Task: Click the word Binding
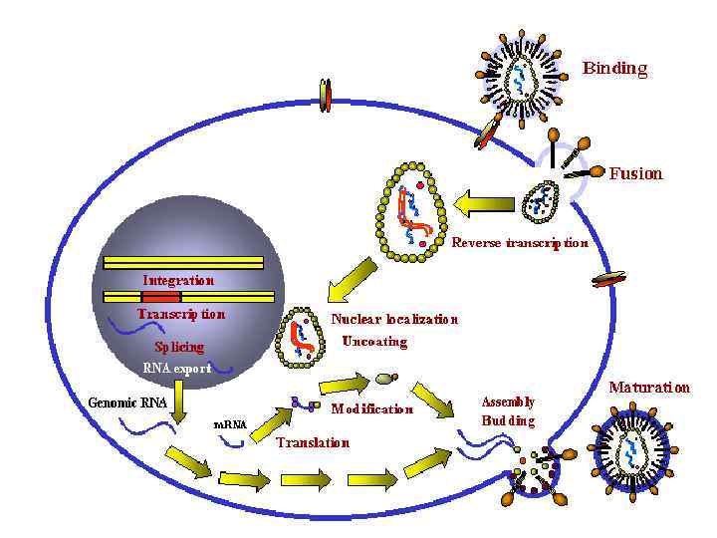click(614, 69)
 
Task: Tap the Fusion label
click(635, 173)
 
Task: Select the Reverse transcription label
click(520, 242)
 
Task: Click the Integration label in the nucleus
click(178, 280)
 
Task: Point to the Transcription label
click(181, 313)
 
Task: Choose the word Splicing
click(179, 347)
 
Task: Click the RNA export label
click(176, 368)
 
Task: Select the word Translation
click(313, 442)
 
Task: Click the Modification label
click(371, 408)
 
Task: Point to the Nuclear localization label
click(394, 320)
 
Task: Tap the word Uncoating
click(374, 342)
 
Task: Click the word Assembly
click(508, 402)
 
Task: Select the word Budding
click(508, 420)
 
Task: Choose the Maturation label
click(649, 388)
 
